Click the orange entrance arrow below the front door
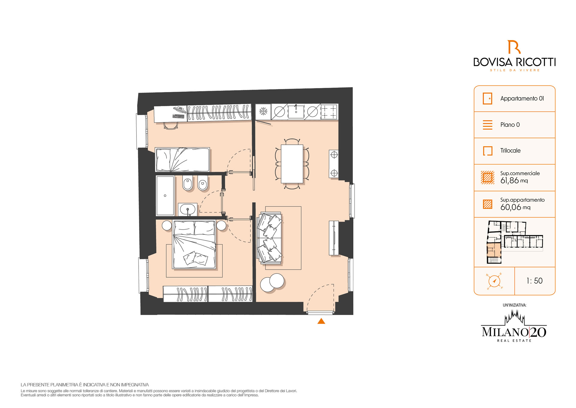(x=321, y=321)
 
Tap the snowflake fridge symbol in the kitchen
(x=263, y=111)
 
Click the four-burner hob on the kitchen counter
(x=329, y=111)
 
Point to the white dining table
(x=292, y=164)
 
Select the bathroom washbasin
(x=188, y=209)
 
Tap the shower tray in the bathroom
(x=165, y=196)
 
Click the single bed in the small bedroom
(x=182, y=160)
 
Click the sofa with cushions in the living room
(x=270, y=238)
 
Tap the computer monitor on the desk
(x=180, y=110)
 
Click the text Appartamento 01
(x=522, y=99)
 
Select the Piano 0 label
(x=510, y=125)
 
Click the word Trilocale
(x=510, y=151)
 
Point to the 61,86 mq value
(x=514, y=181)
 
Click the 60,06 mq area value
(x=515, y=207)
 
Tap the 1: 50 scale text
(x=534, y=281)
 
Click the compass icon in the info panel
(x=494, y=281)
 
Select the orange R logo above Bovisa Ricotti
(x=514, y=47)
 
